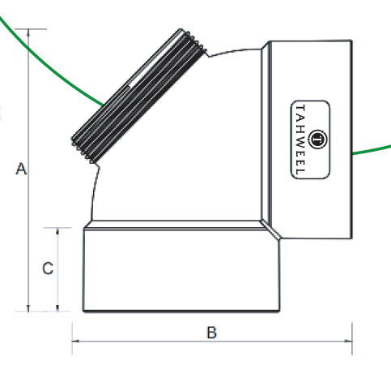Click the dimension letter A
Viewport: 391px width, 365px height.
pyautogui.click(x=21, y=169)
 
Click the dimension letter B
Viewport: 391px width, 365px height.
pyautogui.click(x=211, y=333)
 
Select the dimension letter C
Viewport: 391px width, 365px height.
pyautogui.click(x=48, y=268)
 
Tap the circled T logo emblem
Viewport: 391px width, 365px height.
pyautogui.click(x=317, y=140)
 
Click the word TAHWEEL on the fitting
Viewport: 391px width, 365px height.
pyautogui.click(x=300, y=140)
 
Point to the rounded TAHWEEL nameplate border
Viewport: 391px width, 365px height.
pyautogui.click(x=291, y=140)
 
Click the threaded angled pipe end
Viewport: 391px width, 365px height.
pyautogui.click(x=138, y=96)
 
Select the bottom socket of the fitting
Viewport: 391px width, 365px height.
pyautogui.click(x=181, y=269)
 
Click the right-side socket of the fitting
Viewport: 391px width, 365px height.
pyautogui.click(x=311, y=140)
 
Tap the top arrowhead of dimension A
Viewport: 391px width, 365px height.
pyautogui.click(x=28, y=32)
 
